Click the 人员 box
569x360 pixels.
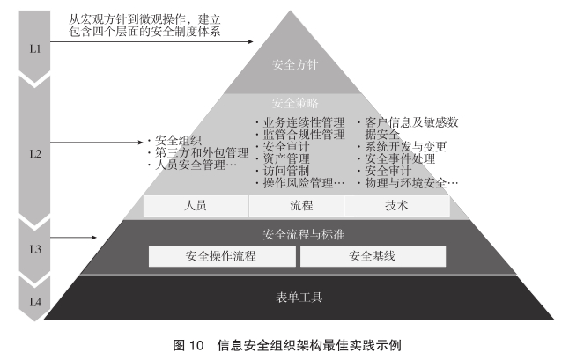(x=196, y=206)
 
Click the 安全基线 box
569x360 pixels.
(x=372, y=256)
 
